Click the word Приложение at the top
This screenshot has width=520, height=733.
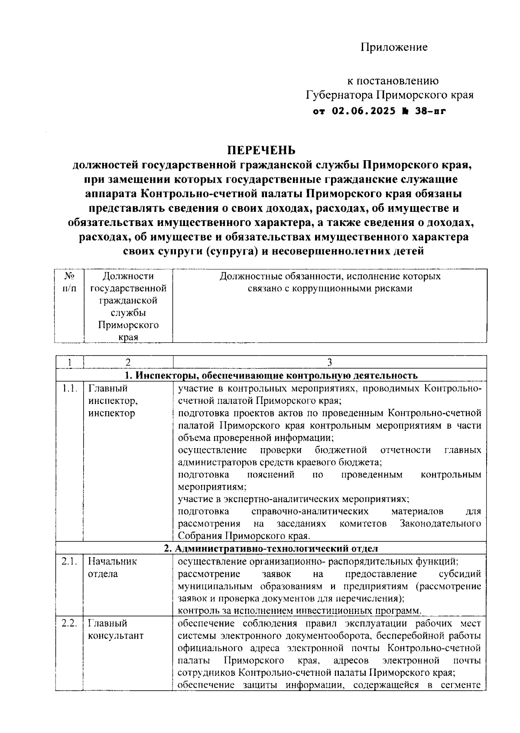click(x=394, y=47)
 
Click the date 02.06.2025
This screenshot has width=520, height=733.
click(x=364, y=111)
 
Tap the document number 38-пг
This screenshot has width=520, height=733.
click(x=431, y=111)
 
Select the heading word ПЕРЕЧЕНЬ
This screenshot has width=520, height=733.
click(x=262, y=150)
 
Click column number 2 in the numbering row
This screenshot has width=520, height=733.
click(x=128, y=362)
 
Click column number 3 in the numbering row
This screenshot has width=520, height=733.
click(x=329, y=362)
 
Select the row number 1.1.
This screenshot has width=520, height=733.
click(x=69, y=388)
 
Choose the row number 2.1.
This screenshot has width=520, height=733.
click(x=69, y=562)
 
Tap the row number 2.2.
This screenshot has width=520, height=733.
click(x=69, y=623)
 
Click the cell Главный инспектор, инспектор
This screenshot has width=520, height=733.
click(x=113, y=401)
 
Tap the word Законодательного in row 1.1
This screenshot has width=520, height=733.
click(x=440, y=524)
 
